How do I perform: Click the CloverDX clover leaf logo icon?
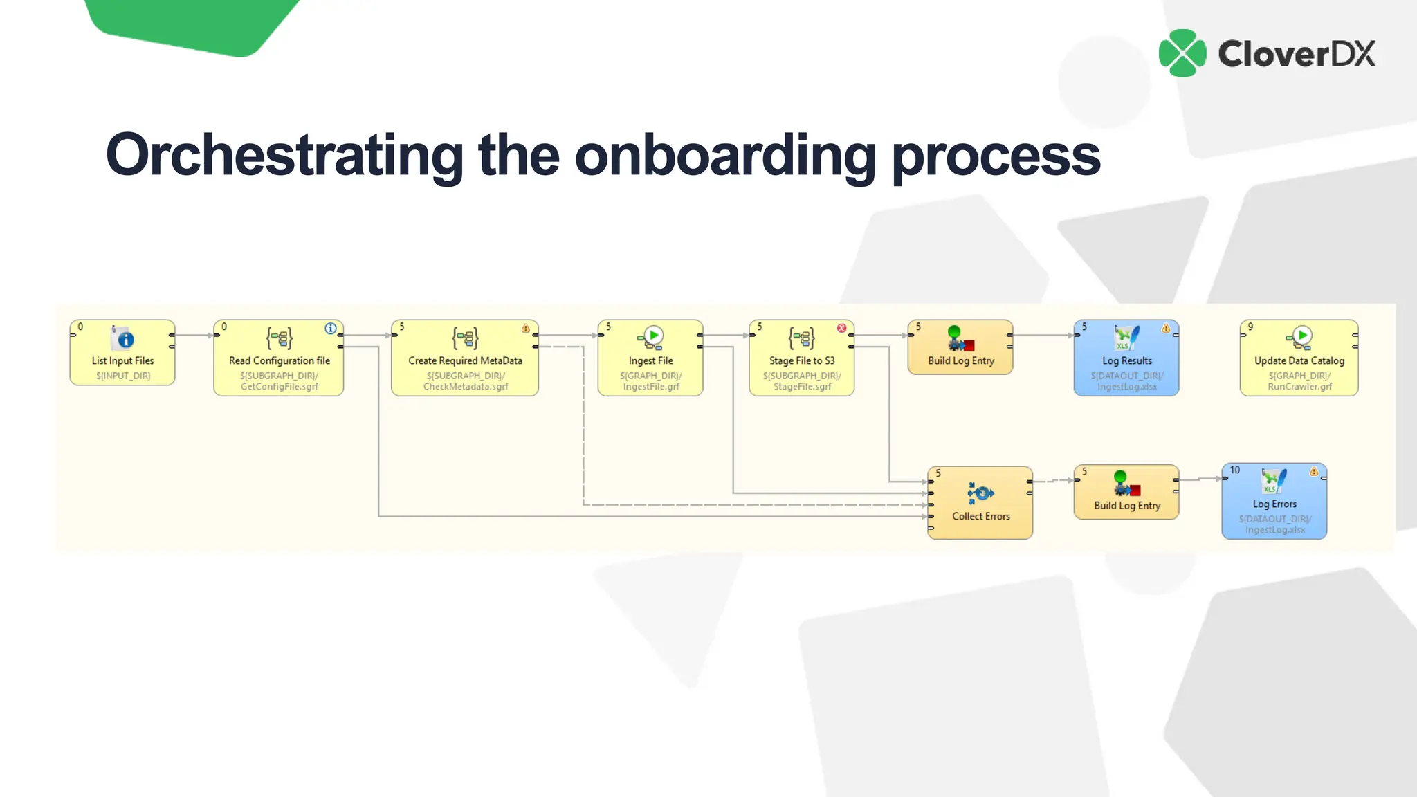1182,53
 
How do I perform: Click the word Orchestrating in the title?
284,155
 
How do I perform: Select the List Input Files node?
122,353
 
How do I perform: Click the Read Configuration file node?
279,358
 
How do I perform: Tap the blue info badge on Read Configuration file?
331,329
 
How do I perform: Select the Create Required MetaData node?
465,358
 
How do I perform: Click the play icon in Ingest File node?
653,336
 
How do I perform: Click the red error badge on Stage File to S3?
842,329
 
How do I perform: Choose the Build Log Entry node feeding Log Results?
960,347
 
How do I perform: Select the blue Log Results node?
1126,358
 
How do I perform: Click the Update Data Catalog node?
1299,358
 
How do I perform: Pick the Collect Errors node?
980,503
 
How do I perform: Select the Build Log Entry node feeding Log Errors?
1126,492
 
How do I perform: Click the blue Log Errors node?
1274,502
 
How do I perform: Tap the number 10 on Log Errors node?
1235,470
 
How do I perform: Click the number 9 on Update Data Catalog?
1250,327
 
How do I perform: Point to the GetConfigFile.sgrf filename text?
279,387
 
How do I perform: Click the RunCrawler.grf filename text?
1299,387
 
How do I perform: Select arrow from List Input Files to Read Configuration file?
194,336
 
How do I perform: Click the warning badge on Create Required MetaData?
526,329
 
